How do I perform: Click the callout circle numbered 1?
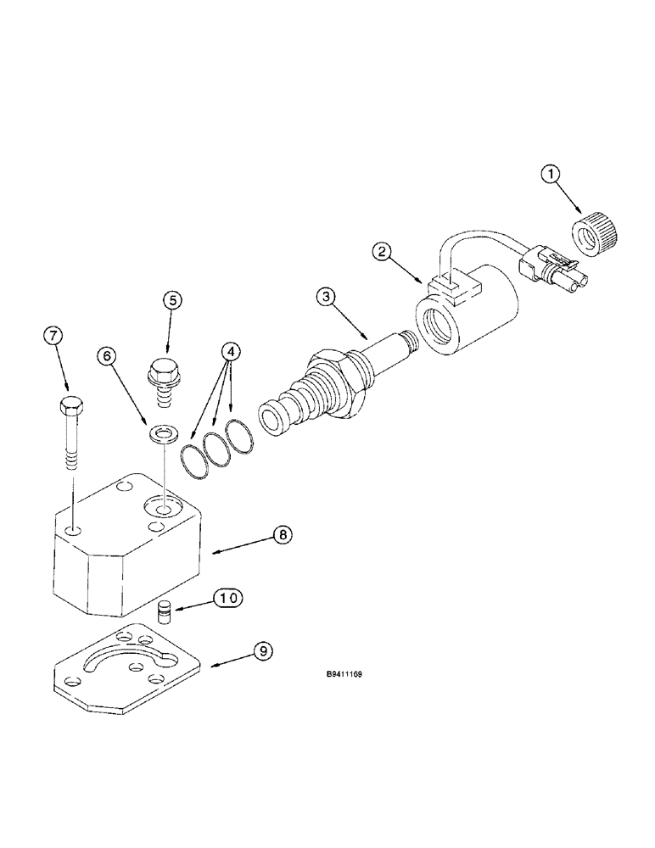click(551, 175)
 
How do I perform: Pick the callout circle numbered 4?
click(228, 350)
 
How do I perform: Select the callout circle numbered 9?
click(264, 651)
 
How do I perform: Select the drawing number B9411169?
click(344, 676)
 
